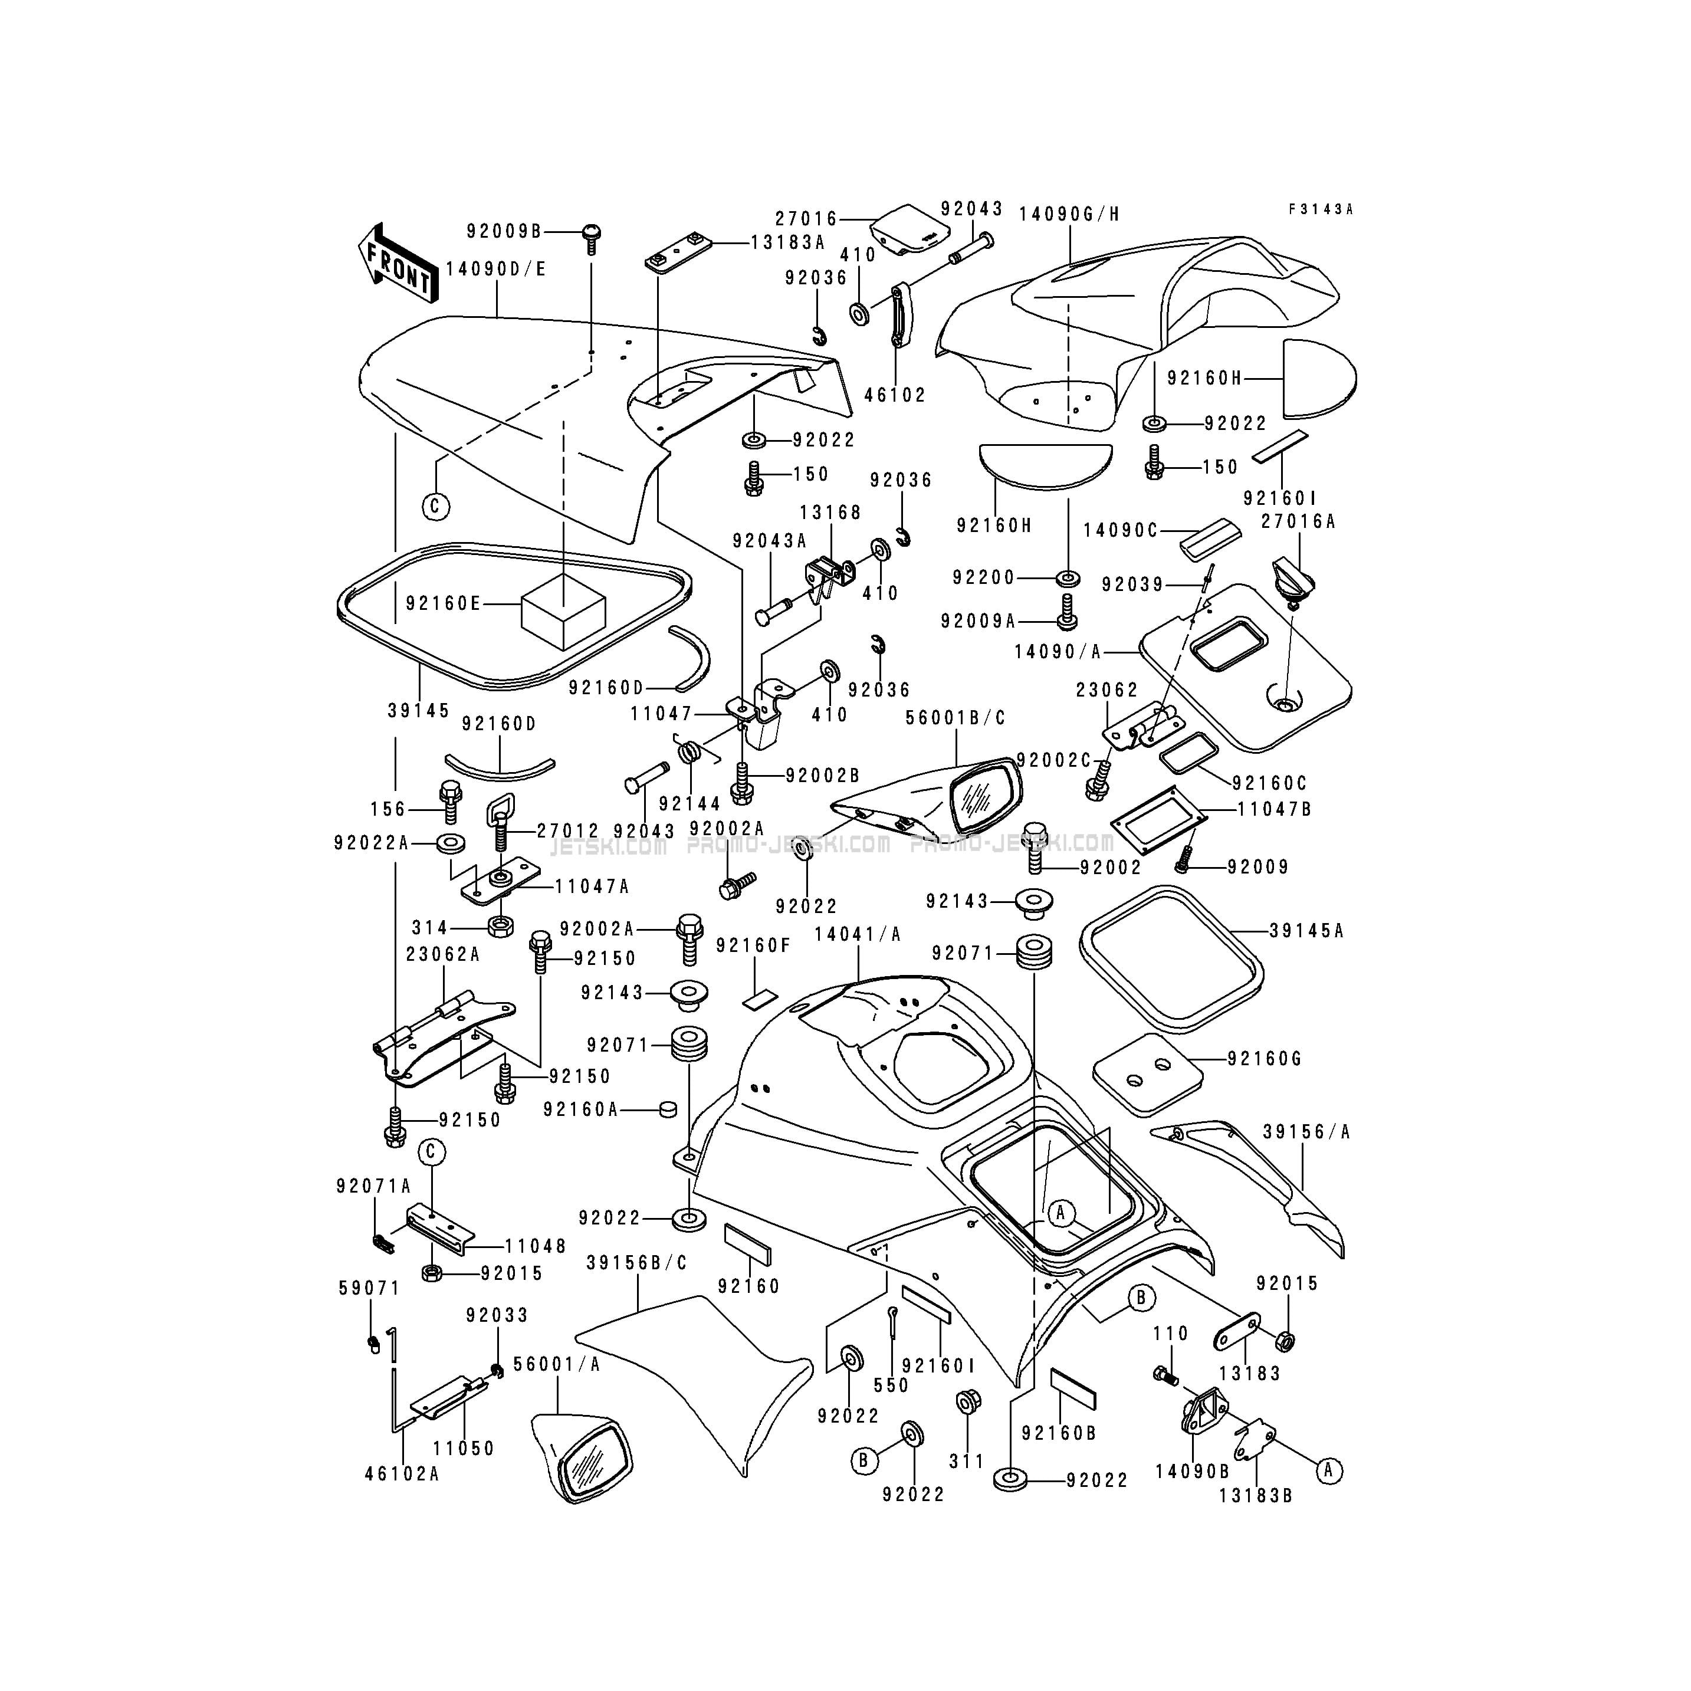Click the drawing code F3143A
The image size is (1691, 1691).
(1321, 209)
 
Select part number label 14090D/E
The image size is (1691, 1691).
(496, 269)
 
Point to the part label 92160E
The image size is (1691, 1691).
(444, 603)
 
